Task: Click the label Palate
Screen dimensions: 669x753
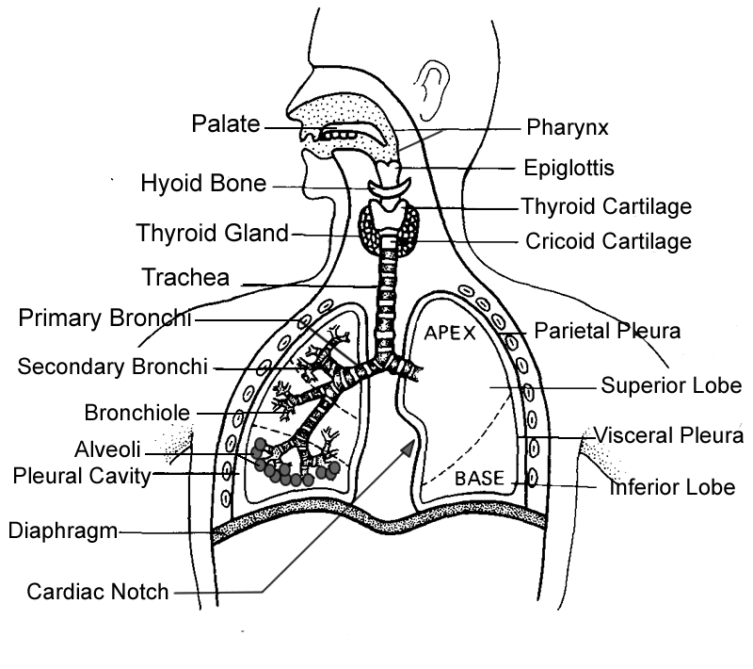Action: (226, 124)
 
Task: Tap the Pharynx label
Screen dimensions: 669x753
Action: (568, 126)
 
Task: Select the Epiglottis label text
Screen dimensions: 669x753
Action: (569, 169)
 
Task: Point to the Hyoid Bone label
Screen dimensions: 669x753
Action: (203, 183)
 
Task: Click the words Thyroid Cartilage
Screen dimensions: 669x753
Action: (606, 205)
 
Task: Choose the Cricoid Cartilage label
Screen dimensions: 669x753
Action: (607, 241)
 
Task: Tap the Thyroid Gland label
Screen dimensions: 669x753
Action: (212, 233)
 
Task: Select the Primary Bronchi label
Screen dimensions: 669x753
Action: (104, 318)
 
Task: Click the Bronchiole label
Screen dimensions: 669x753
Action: (136, 412)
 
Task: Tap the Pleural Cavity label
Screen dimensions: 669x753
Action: (82, 476)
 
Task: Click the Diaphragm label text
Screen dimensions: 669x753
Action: (62, 530)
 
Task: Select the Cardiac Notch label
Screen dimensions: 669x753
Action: (98, 593)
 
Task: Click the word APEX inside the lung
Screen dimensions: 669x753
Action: (450, 334)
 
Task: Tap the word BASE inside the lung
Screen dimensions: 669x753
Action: (480, 479)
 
